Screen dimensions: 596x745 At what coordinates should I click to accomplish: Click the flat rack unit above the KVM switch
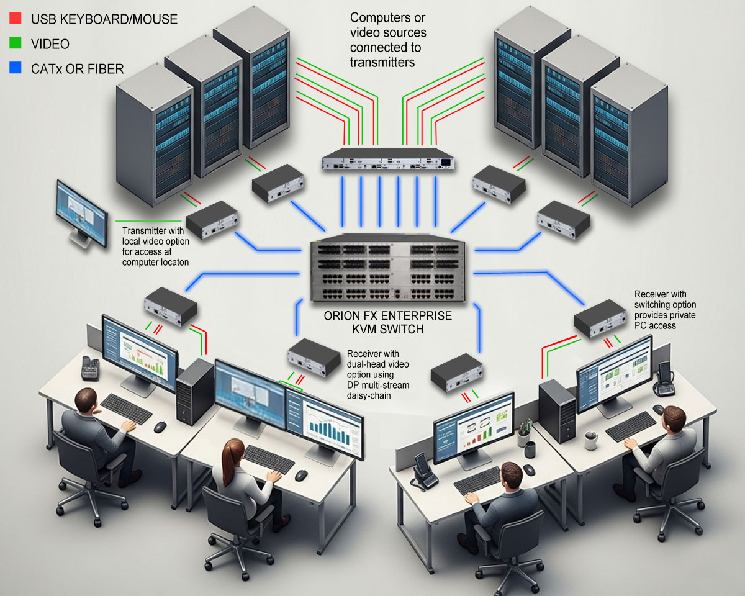coord(388,160)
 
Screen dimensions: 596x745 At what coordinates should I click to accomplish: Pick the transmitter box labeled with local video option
coord(212,220)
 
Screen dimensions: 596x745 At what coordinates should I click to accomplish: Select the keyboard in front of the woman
coord(268,458)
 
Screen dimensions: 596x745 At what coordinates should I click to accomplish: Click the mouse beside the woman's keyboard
coord(300,475)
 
